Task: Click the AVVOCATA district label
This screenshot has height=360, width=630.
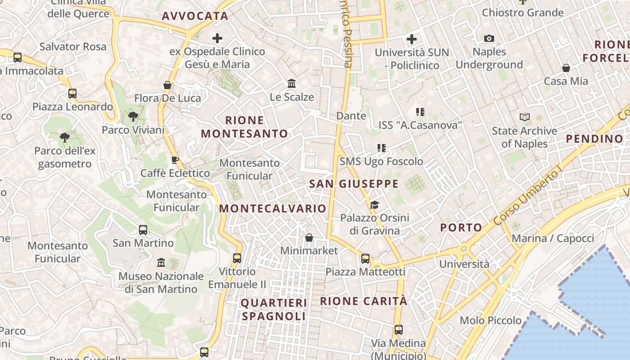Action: pyautogui.click(x=195, y=16)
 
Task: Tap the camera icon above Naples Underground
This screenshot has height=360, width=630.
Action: pyautogui.click(x=489, y=39)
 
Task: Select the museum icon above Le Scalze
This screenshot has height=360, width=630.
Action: pyautogui.click(x=292, y=84)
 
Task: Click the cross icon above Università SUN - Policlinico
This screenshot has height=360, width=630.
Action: pyautogui.click(x=411, y=39)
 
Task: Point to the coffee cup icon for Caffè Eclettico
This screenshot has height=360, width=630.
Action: pyautogui.click(x=175, y=160)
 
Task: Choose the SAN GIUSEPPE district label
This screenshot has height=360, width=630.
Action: pyautogui.click(x=354, y=184)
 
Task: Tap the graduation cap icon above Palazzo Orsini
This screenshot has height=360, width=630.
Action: pyautogui.click(x=374, y=205)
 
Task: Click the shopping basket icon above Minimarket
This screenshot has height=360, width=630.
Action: pyautogui.click(x=309, y=238)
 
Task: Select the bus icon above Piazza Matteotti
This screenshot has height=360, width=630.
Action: pyautogui.click(x=365, y=259)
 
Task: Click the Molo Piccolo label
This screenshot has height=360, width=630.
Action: pyautogui.click(x=490, y=320)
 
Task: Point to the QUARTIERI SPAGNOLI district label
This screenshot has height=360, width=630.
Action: pyautogui.click(x=274, y=309)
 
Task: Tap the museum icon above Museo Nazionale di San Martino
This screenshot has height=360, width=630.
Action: pyautogui.click(x=161, y=262)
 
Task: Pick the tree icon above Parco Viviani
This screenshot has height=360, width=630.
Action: pyautogui.click(x=133, y=117)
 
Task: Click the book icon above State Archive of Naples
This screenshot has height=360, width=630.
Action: pyautogui.click(x=524, y=117)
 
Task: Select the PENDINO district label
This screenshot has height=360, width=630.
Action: pyautogui.click(x=594, y=139)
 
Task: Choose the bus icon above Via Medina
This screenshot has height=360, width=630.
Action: pyautogui.click(x=398, y=330)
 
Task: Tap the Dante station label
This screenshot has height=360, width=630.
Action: pyautogui.click(x=351, y=116)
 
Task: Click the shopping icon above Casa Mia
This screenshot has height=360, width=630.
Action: pyautogui.click(x=566, y=68)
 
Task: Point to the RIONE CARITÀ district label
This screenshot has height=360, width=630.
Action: pyautogui.click(x=364, y=301)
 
